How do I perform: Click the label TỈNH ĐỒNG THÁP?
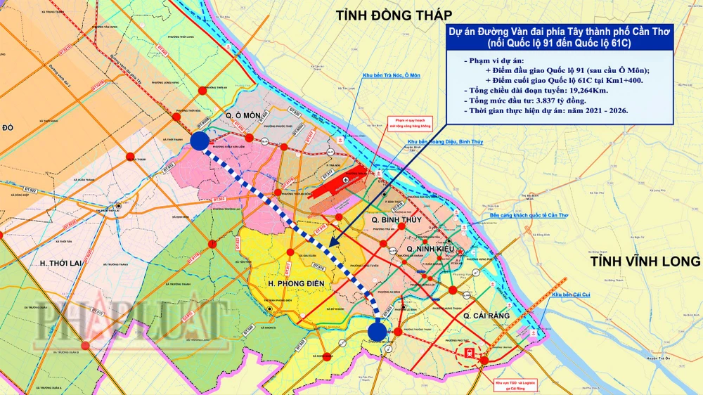click(x=394, y=15)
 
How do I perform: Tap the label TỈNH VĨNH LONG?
click(x=645, y=261)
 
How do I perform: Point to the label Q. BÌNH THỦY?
click(x=397, y=220)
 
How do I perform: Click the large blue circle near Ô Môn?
click(x=199, y=141)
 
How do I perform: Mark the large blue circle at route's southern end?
click(x=378, y=330)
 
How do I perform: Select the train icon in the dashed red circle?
click(x=466, y=351)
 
